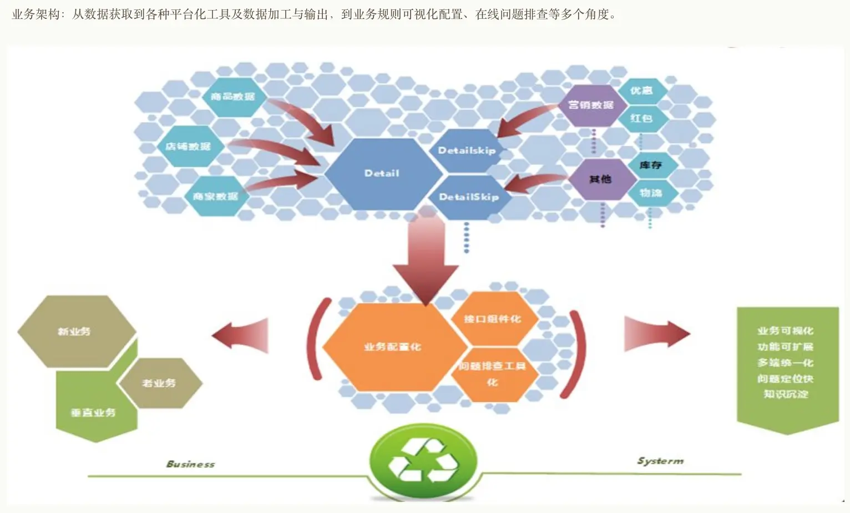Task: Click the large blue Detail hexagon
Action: pyautogui.click(x=382, y=174)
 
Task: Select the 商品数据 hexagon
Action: pyautogui.click(x=232, y=97)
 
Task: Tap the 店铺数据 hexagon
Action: pyautogui.click(x=188, y=147)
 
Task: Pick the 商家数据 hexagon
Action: pyautogui.click(x=215, y=197)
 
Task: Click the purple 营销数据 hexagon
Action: pyautogui.click(x=591, y=105)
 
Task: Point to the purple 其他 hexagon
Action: pyautogui.click(x=600, y=179)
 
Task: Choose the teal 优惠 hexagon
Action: pyautogui.click(x=641, y=90)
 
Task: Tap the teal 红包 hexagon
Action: pyautogui.click(x=641, y=118)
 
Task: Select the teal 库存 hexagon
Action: pyautogui.click(x=650, y=165)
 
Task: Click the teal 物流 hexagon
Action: pyautogui.click(x=650, y=193)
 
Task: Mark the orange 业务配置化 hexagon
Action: pyautogui.click(x=393, y=347)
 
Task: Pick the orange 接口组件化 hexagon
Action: pyautogui.click(x=492, y=319)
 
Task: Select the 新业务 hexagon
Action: pyautogui.click(x=75, y=331)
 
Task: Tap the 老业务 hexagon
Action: pyautogui.click(x=159, y=383)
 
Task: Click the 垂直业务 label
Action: pyautogui.click(x=93, y=413)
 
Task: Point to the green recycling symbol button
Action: pyautogui.click(x=424, y=460)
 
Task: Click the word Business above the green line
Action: pyautogui.click(x=190, y=464)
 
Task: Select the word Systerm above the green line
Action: pyautogui.click(x=660, y=461)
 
